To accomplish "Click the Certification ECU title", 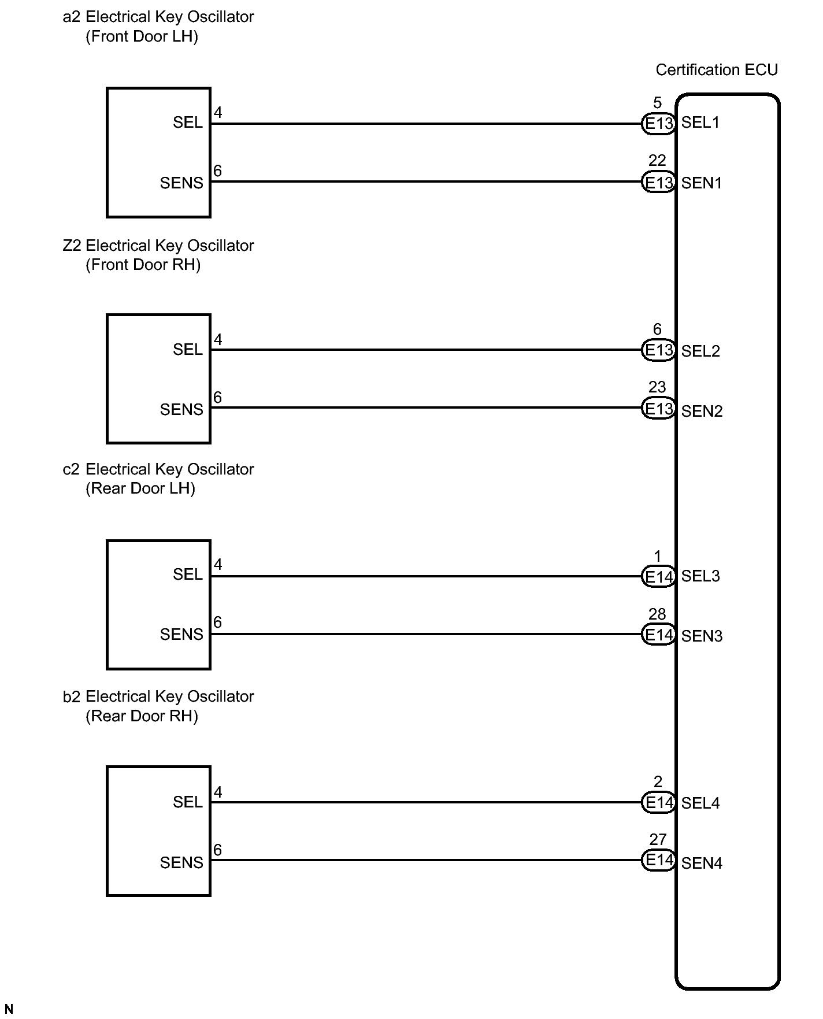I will [716, 70].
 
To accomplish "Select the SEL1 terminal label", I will [700, 123].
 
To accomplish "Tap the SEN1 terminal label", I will [701, 183].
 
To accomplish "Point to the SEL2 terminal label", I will [700, 351].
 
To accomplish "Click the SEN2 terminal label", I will [702, 411].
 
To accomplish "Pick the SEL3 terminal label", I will [700, 576].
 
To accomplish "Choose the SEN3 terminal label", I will [702, 636].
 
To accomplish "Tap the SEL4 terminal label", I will [700, 803].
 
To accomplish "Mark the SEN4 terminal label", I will [702, 863].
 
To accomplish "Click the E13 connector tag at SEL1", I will [659, 123].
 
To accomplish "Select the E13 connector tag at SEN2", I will [659, 409].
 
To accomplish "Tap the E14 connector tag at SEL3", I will [659, 576].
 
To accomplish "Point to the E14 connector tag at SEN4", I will [659, 860].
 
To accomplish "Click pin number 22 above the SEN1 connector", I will [657, 161].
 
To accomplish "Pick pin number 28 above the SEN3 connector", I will [657, 614].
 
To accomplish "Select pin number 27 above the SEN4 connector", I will [658, 839].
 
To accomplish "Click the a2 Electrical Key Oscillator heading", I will [158, 17].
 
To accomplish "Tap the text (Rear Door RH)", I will [142, 716].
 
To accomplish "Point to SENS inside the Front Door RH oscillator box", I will [181, 410].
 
